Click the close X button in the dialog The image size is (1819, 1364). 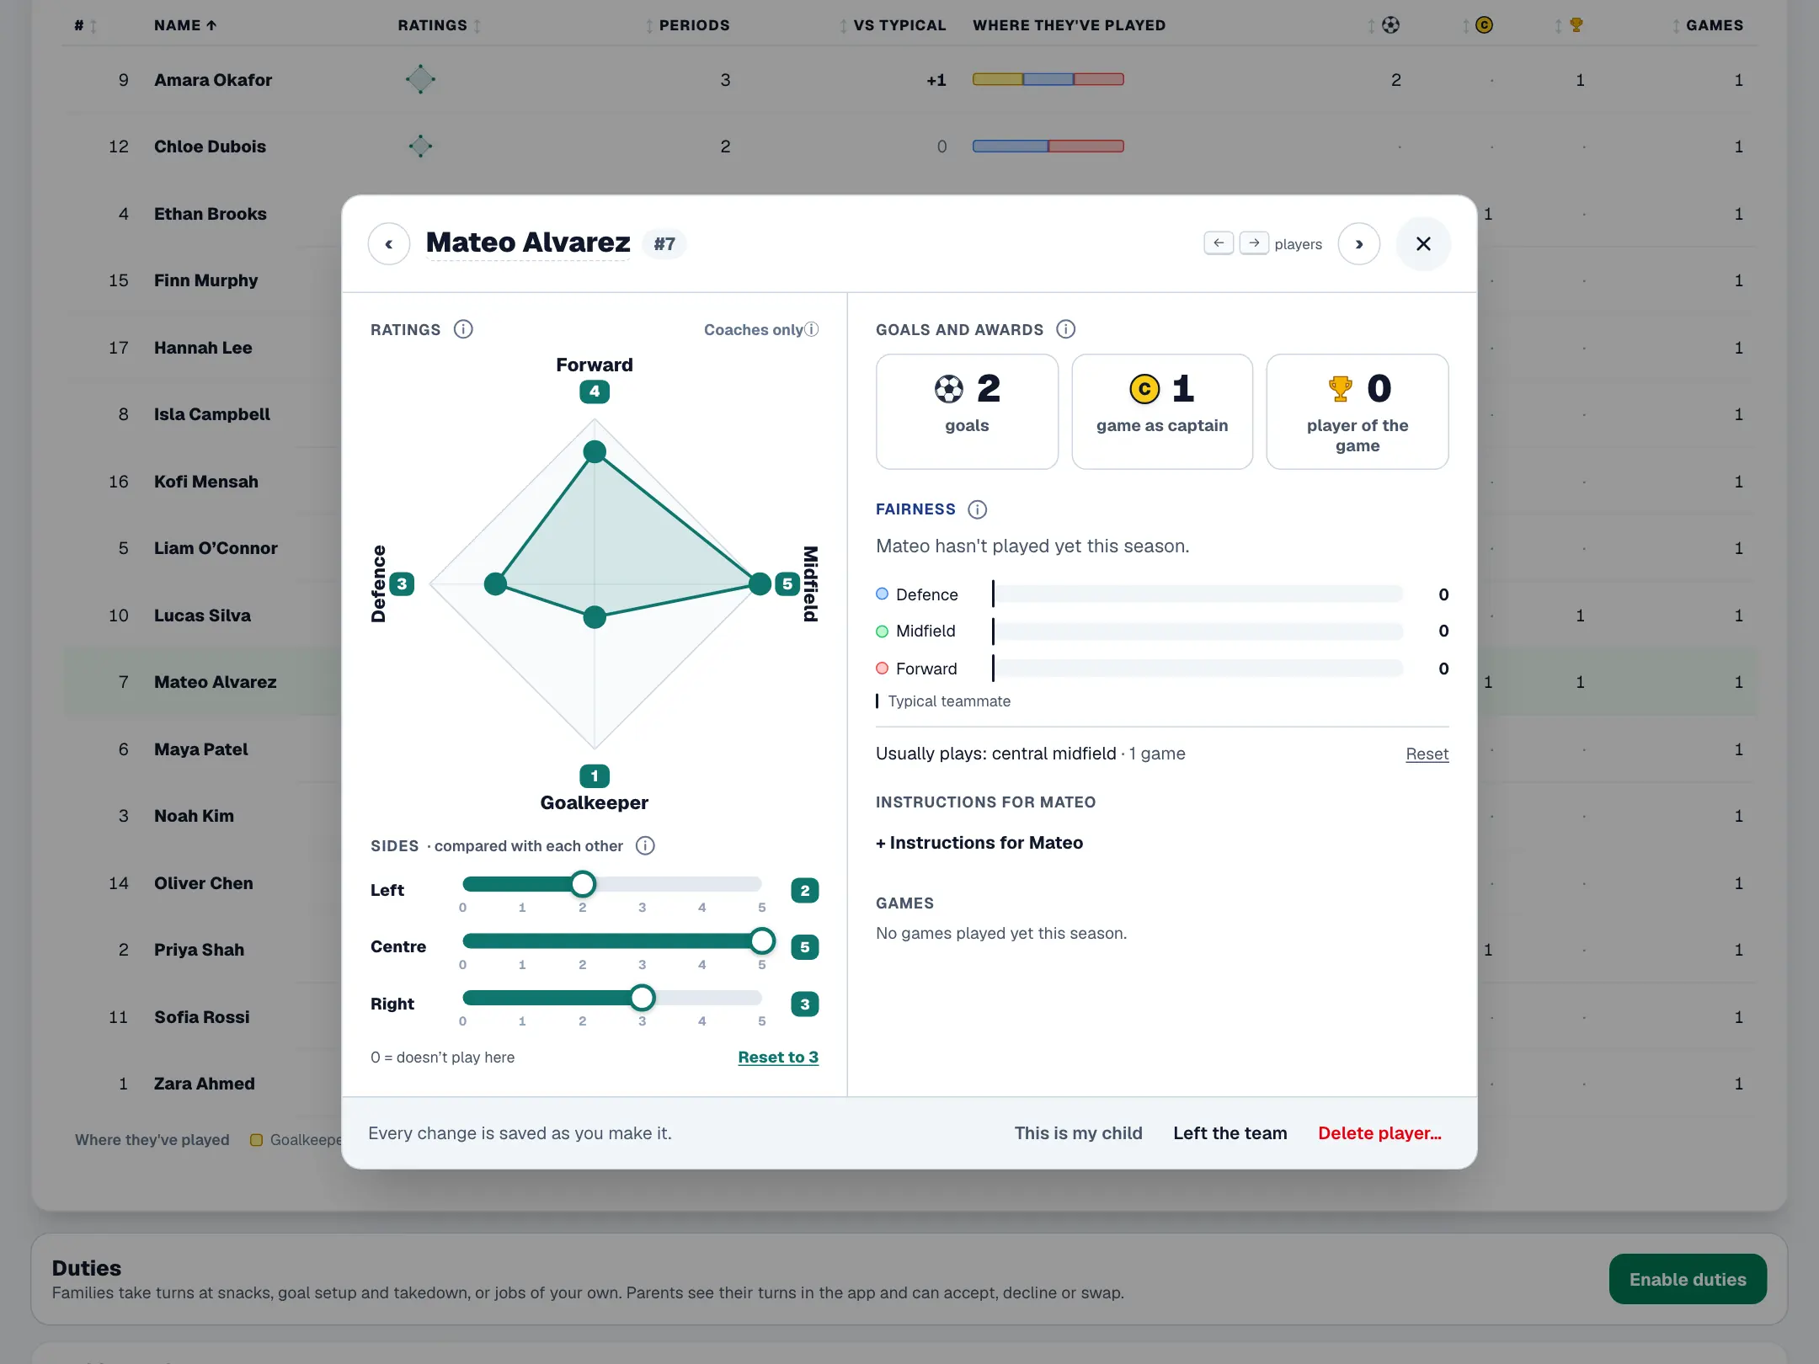click(x=1423, y=244)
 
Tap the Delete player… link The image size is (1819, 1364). click(x=1379, y=1133)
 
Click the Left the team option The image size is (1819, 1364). click(x=1230, y=1133)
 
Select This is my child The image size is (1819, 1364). click(x=1078, y=1133)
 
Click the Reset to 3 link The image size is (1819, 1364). click(x=778, y=1058)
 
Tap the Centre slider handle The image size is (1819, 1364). click(x=761, y=940)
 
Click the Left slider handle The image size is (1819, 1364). click(x=582, y=884)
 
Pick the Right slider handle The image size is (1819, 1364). click(x=642, y=998)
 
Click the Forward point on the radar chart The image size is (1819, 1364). click(x=595, y=452)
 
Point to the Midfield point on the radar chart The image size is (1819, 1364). click(x=760, y=583)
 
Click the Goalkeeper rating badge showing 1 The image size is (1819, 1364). click(x=595, y=775)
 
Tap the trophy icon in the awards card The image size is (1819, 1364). click(x=1340, y=389)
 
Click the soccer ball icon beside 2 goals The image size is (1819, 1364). click(x=949, y=389)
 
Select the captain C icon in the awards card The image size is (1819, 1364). click(x=1144, y=389)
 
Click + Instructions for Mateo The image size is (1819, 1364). click(x=979, y=843)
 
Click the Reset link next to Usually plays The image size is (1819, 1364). click(x=1427, y=754)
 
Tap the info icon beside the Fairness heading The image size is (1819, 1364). click(x=977, y=509)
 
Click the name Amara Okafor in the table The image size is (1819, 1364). click(x=213, y=80)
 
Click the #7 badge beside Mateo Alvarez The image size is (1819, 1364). click(x=664, y=244)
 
